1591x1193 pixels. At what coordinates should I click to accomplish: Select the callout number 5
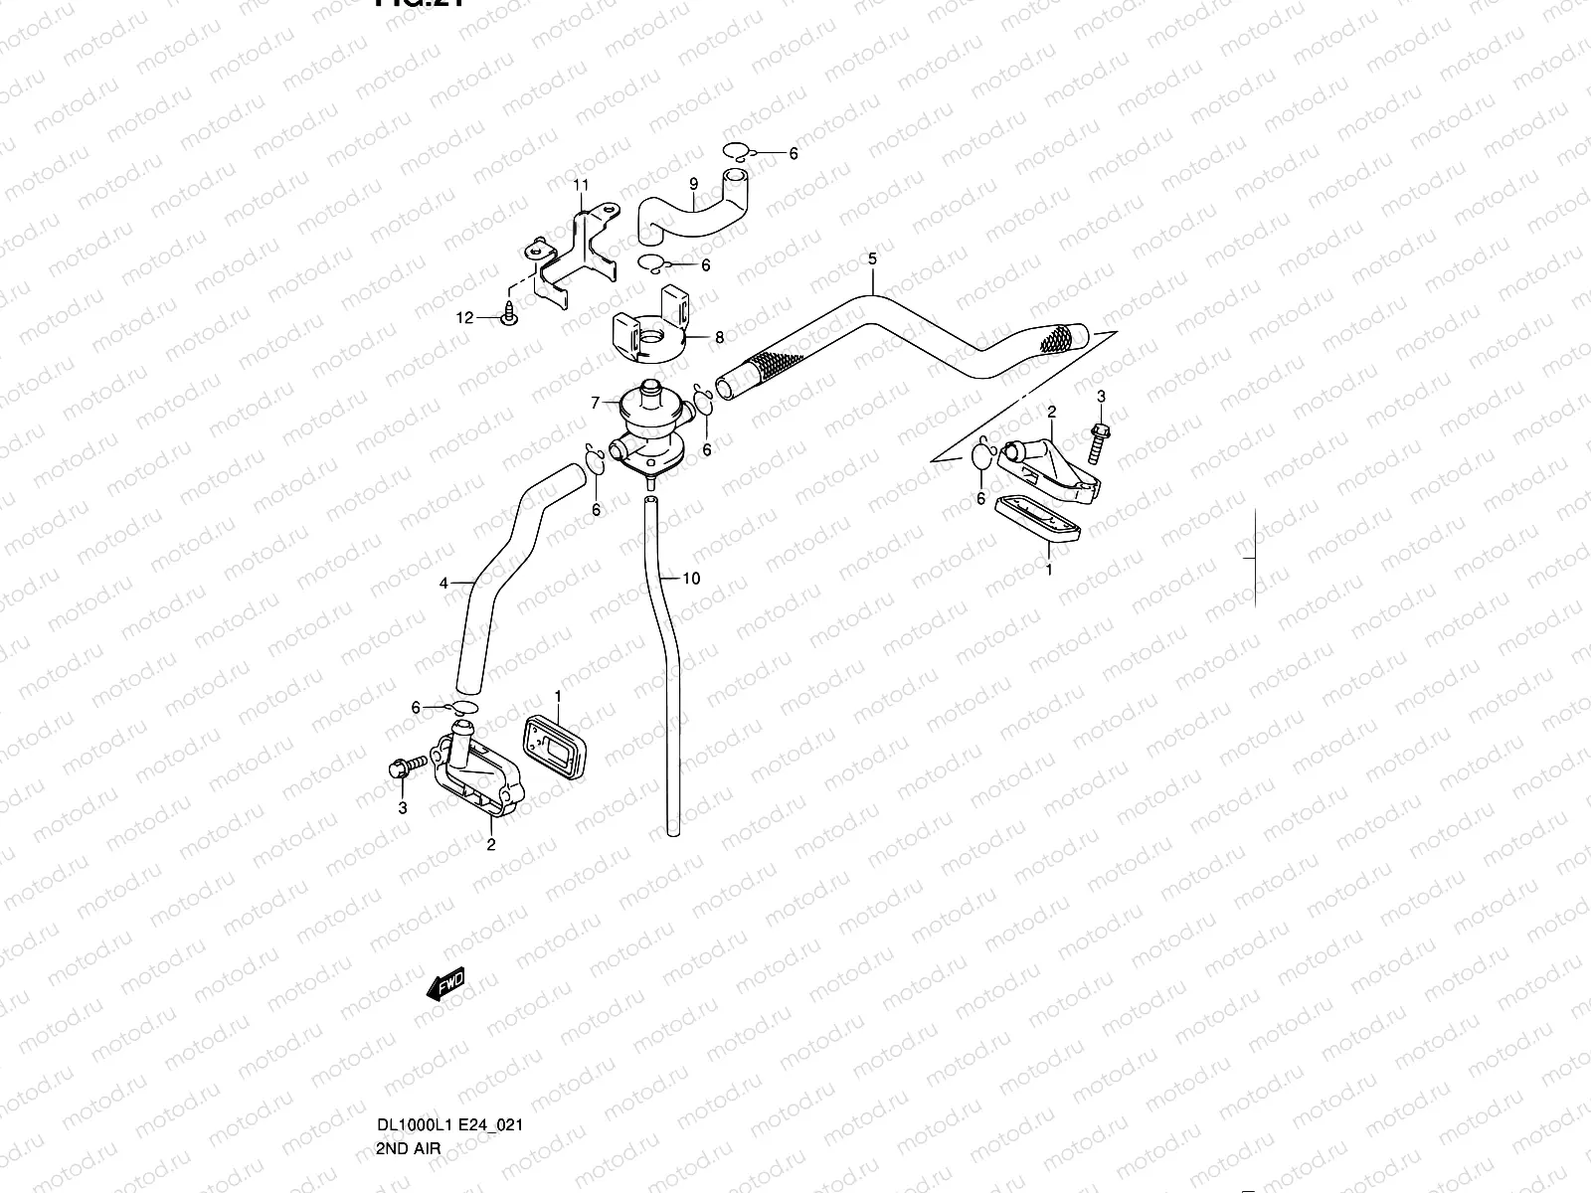872,260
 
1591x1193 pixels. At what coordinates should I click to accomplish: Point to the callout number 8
719,338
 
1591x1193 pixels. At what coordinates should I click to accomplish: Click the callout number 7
595,403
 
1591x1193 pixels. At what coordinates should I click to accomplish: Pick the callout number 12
464,318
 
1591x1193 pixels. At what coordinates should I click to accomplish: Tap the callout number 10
692,578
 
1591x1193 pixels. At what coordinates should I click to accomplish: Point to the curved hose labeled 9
686,214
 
